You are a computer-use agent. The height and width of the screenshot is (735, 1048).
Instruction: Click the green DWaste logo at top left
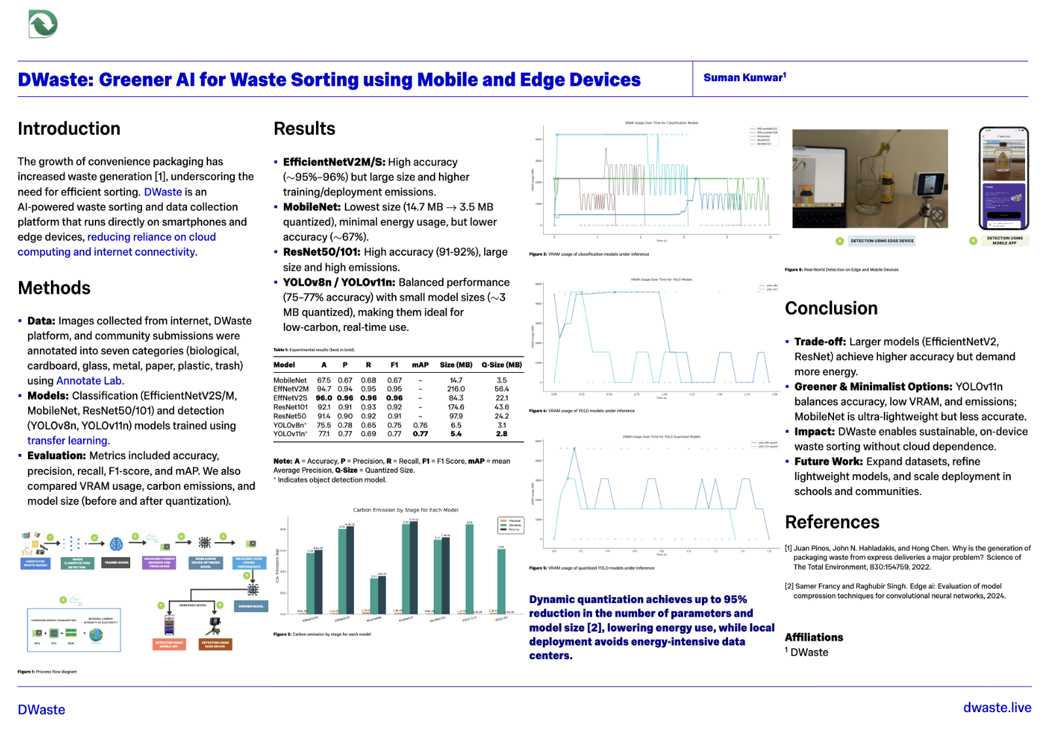coord(43,24)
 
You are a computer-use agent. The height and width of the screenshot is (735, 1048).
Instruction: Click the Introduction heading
coord(69,129)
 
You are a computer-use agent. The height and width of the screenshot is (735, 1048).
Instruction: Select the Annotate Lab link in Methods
coord(89,381)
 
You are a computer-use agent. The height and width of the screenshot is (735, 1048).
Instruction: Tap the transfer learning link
coord(67,441)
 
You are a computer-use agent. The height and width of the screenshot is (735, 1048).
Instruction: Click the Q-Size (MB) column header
coord(502,365)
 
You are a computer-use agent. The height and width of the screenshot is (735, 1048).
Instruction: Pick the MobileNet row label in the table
coord(290,380)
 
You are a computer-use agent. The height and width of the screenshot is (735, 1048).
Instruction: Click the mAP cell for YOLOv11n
coord(420,434)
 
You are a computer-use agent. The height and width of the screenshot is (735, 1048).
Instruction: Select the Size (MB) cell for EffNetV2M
coord(456,389)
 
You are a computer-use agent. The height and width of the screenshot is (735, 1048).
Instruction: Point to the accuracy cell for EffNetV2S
coord(324,398)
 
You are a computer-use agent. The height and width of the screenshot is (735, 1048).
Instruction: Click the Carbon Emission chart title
coord(406,510)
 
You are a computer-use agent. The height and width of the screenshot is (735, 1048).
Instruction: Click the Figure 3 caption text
coord(589,254)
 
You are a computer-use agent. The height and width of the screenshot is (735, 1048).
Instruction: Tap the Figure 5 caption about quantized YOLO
coord(591,568)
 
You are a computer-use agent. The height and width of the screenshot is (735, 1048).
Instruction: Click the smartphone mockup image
coord(1004,179)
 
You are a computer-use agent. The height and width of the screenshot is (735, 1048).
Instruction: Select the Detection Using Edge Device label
coord(882,241)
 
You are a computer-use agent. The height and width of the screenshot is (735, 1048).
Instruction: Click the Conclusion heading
coord(831,309)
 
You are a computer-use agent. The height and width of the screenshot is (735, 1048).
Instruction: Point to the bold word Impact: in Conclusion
coord(814,432)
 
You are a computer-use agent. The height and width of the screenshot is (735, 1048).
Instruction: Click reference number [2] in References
coord(788,587)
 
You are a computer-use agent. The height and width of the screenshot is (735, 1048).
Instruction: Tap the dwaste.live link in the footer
coord(997,708)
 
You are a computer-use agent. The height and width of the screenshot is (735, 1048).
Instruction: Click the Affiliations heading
coord(814,638)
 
